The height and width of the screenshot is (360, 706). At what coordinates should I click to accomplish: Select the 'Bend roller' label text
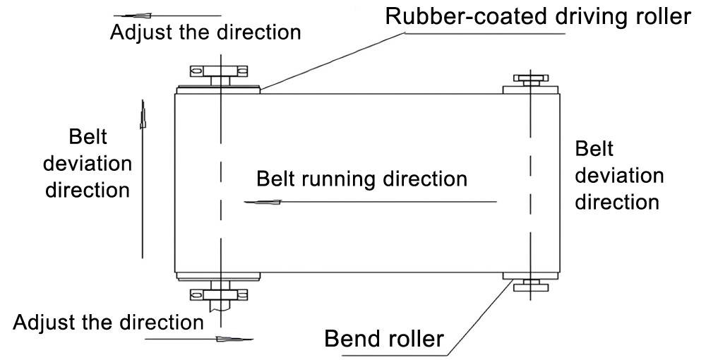[x=384, y=338]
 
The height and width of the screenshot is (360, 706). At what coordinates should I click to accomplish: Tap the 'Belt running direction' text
[x=361, y=178]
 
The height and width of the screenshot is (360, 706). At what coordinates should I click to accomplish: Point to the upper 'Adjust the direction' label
[x=205, y=32]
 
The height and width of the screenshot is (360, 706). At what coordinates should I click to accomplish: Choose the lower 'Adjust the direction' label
[x=108, y=323]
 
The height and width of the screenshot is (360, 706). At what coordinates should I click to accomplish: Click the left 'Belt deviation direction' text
[x=88, y=163]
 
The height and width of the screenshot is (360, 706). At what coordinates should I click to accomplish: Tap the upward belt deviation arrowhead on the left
[x=143, y=113]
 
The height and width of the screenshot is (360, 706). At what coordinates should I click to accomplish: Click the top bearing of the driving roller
[x=219, y=71]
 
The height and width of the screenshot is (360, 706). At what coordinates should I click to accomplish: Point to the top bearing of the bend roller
[x=530, y=80]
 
